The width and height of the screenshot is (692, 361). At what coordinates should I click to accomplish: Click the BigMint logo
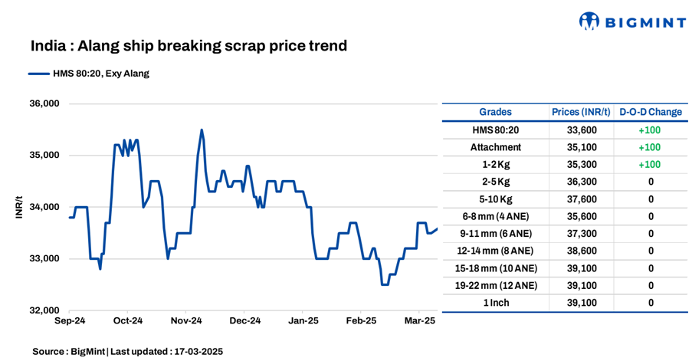[631, 21]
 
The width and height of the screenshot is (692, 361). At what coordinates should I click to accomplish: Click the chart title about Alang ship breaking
[189, 46]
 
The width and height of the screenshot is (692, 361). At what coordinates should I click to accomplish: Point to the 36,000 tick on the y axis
[44, 103]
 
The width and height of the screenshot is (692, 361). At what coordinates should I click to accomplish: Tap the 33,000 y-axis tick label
[44, 258]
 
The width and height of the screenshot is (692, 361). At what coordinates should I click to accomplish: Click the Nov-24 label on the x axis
[186, 320]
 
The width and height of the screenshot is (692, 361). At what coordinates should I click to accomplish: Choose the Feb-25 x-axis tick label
[361, 320]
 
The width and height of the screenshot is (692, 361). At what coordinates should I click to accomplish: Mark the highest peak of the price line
[202, 130]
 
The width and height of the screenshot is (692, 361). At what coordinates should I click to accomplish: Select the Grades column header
[495, 112]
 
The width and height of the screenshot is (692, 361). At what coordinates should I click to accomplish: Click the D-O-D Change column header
[650, 112]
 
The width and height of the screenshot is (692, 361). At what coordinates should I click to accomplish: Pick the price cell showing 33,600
[581, 130]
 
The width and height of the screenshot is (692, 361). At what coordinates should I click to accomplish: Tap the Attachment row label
[495, 147]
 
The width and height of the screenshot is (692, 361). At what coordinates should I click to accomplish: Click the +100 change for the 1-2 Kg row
[650, 165]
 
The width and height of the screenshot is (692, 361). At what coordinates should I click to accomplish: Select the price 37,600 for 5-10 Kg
[581, 199]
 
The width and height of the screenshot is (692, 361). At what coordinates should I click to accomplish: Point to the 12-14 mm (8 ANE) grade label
[495, 251]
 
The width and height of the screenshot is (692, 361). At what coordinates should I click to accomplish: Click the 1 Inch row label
[495, 303]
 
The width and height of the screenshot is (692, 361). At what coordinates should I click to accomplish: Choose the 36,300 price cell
[581, 182]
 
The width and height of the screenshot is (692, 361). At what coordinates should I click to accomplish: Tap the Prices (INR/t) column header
[581, 112]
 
